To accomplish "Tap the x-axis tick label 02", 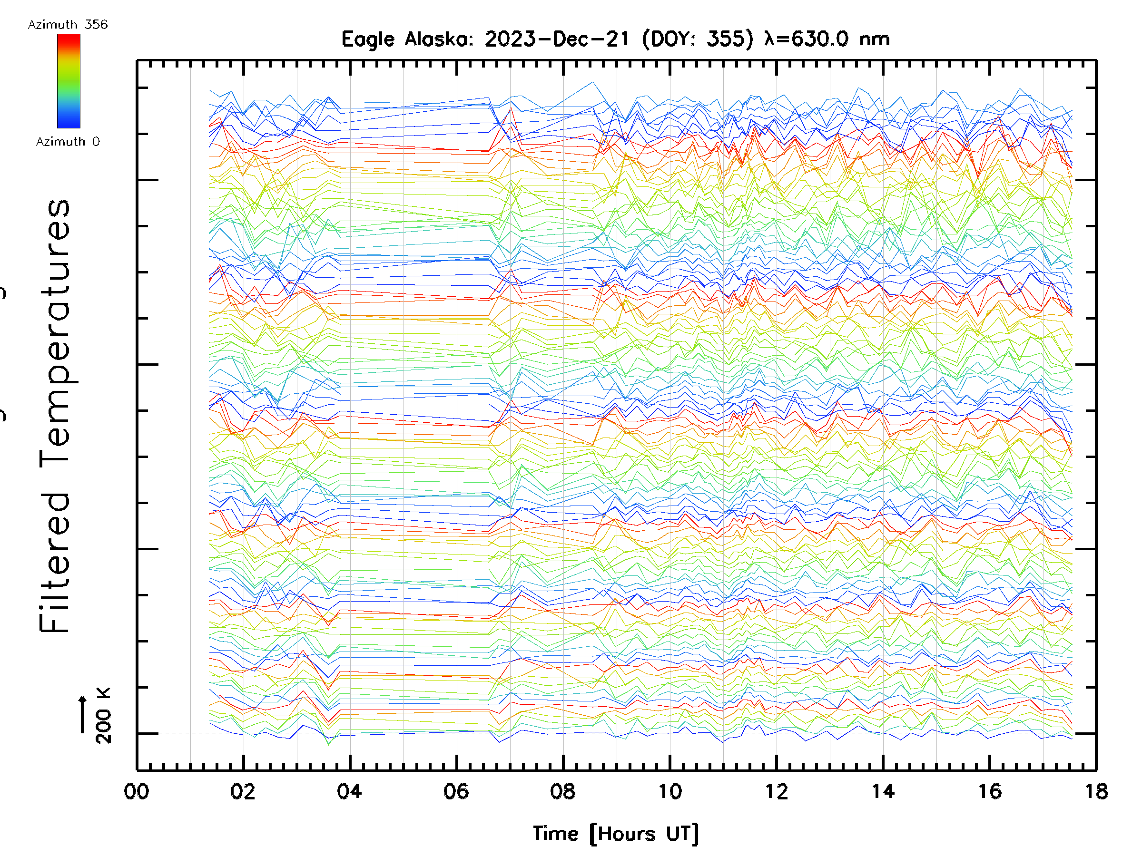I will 243,791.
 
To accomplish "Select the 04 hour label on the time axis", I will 350,791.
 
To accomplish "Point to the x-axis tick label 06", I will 456,791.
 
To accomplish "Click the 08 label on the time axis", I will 563,791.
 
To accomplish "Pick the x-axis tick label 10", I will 669,791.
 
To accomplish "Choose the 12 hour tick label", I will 777,791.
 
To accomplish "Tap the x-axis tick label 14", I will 883,791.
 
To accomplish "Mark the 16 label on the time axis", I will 990,791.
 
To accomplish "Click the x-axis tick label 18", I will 1096,791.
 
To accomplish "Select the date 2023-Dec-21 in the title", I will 558,39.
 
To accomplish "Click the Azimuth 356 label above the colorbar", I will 68,24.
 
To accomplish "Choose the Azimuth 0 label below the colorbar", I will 68,141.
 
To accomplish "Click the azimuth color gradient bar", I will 69,81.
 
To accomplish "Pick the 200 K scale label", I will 103,716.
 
